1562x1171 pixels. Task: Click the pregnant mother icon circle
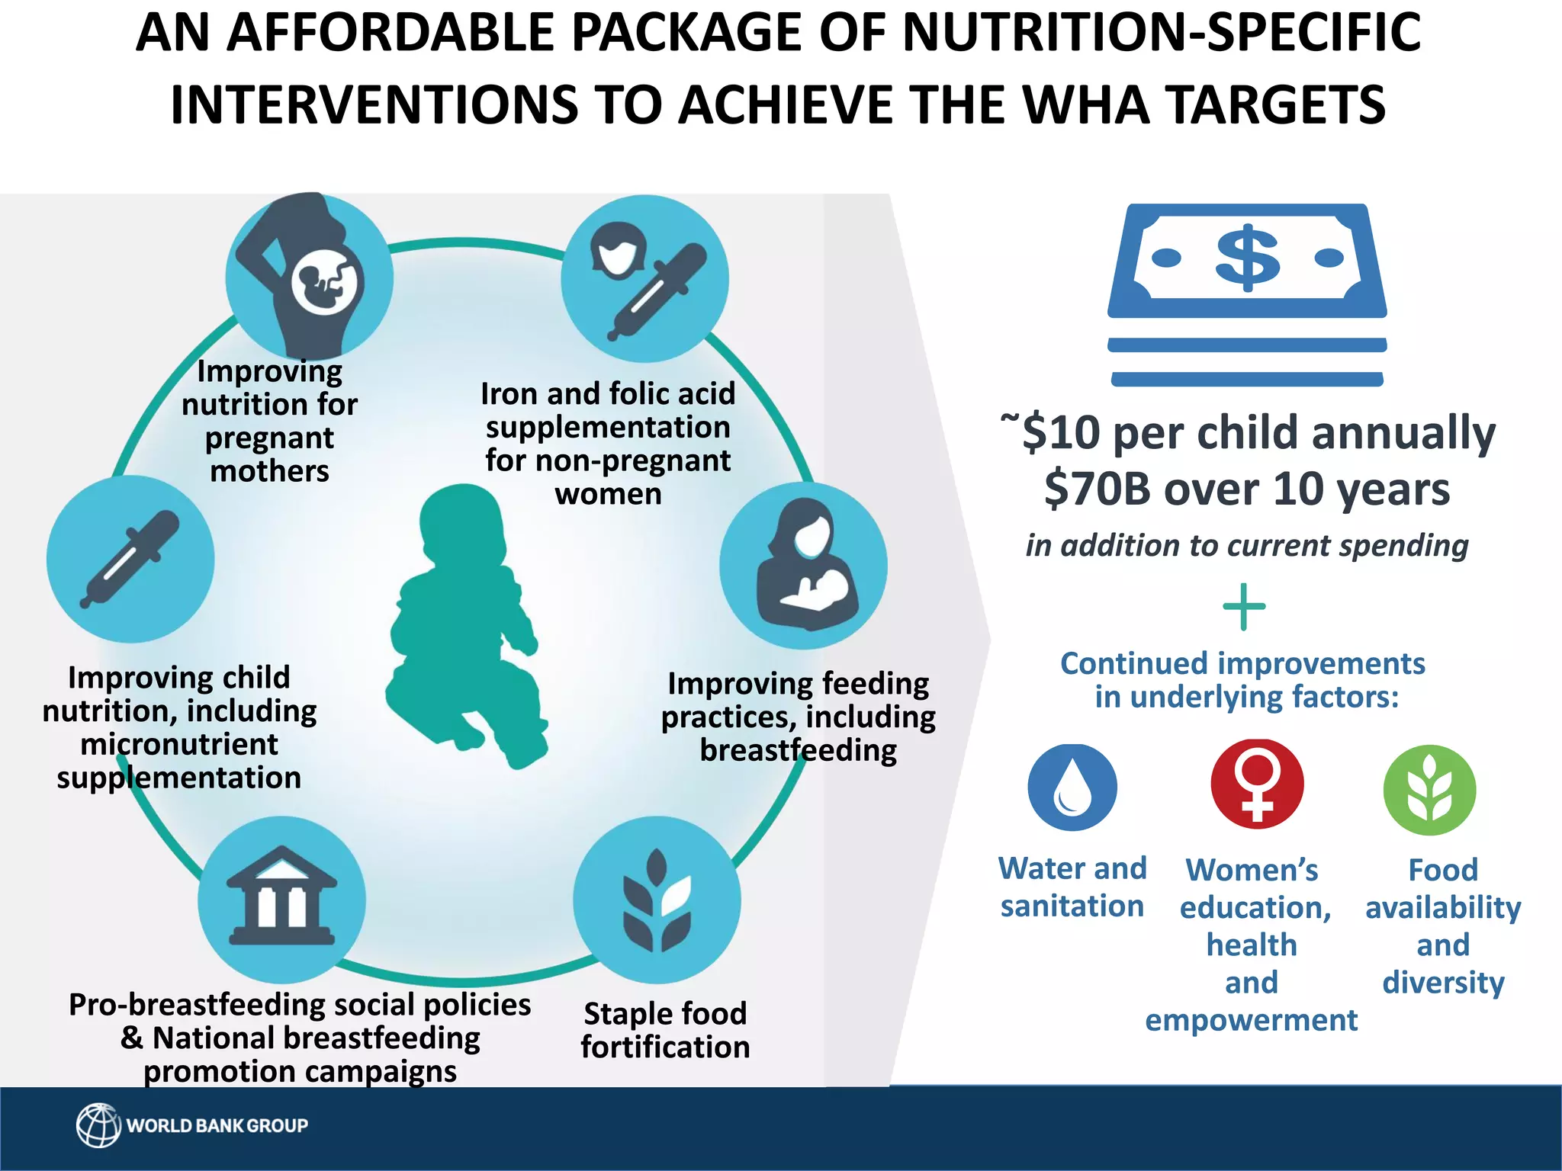(309, 276)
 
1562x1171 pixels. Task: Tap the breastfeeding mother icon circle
(803, 566)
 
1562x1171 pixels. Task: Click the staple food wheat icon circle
(657, 900)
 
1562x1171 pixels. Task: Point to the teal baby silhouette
(464, 625)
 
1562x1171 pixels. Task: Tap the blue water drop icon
(1072, 787)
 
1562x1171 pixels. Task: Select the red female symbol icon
(1257, 784)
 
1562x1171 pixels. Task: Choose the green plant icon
(1429, 789)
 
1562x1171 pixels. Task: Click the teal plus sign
(1244, 607)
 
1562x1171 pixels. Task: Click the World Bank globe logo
(98, 1125)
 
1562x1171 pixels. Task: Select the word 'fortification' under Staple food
(665, 1047)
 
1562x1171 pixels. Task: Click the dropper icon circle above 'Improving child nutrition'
(130, 558)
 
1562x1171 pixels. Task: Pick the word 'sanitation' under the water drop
(1072, 906)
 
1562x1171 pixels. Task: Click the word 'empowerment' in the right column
(1251, 1020)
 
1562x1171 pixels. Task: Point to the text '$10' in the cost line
(1061, 433)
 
